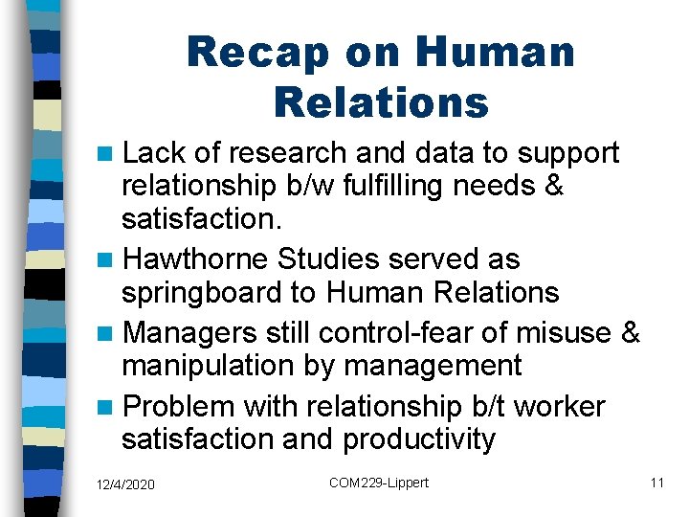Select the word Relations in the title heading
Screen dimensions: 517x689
(x=381, y=101)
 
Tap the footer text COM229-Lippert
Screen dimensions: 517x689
(x=379, y=483)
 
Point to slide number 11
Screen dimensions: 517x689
(x=656, y=483)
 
